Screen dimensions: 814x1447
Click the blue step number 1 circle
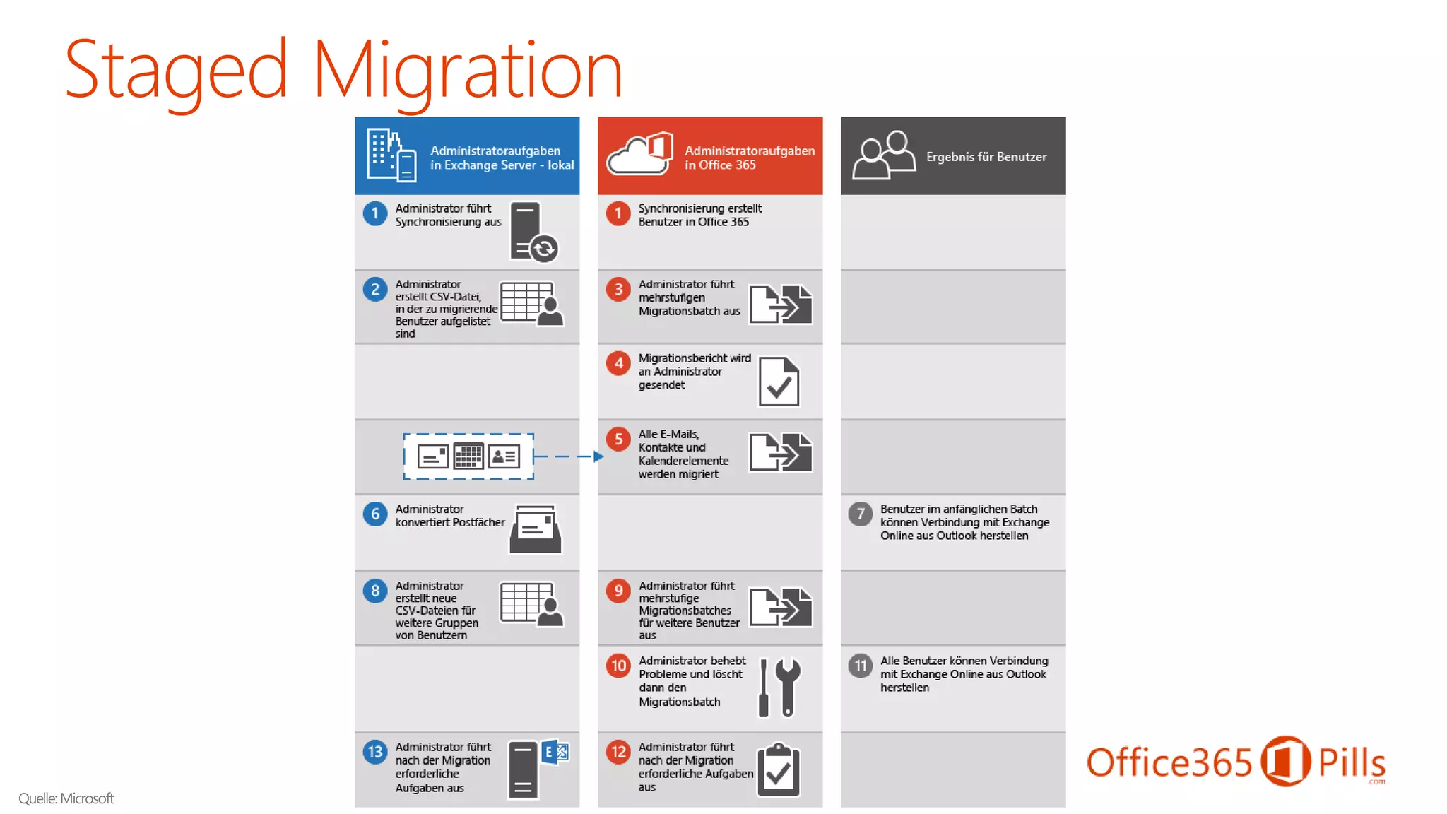375,213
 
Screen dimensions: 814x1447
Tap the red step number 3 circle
618,289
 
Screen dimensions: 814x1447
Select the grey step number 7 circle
861,514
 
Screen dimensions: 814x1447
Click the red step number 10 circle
618,666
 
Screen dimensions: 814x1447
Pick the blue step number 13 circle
375,752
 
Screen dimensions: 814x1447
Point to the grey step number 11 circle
861,666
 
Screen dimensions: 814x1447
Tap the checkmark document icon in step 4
779,382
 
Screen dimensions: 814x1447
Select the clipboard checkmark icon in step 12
779,770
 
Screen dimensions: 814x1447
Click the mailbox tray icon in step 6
536,529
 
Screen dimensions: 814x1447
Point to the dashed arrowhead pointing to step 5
598,456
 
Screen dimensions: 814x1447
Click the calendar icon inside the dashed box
468,456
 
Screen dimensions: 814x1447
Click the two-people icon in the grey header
883,155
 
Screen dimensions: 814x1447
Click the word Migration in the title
467,71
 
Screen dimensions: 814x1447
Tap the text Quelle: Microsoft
66,798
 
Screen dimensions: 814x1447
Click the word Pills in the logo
1352,763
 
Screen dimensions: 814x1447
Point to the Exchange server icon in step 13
537,769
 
